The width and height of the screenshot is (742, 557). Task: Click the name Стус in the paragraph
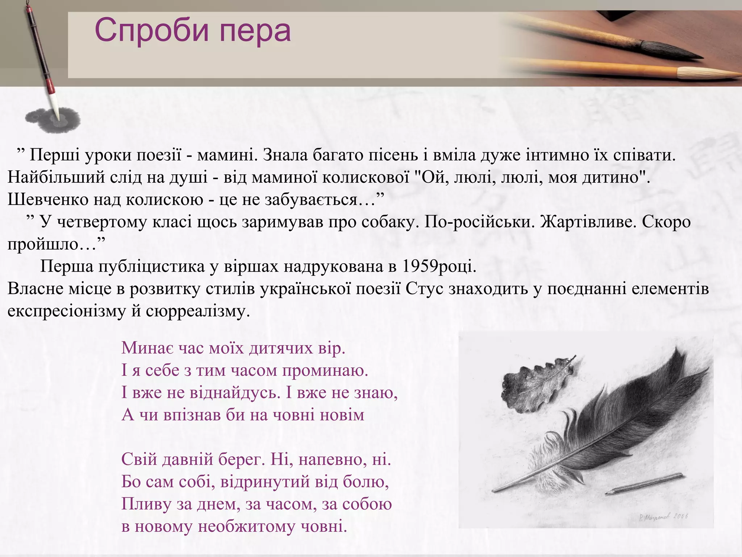(424, 289)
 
